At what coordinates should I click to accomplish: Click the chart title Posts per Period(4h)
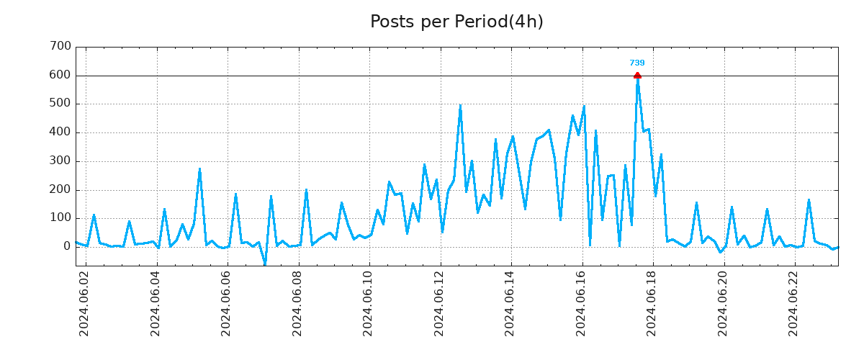456,22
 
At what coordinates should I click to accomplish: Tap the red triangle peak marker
637,75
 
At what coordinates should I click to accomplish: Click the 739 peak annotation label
637,63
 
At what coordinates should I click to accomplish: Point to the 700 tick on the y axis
60,47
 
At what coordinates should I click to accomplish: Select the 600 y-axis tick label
60,76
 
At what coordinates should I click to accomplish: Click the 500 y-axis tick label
60,104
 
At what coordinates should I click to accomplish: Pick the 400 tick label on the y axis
60,132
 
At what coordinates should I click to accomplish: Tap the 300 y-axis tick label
60,161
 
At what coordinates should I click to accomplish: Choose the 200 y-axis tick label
60,190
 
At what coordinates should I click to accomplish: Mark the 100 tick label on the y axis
60,218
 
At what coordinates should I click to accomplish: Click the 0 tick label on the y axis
67,247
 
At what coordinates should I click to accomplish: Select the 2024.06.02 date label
84,303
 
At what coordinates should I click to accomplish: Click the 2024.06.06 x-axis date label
227,303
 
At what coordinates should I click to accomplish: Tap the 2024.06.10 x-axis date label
369,303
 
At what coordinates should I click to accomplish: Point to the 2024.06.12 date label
440,303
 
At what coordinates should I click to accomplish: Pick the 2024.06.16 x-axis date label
582,303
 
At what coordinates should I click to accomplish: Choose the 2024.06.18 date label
653,303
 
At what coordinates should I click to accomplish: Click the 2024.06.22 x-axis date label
795,303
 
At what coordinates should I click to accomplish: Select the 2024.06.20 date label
724,303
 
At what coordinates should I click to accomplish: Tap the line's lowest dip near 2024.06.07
264,264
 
